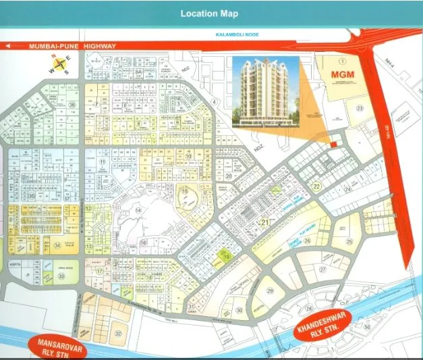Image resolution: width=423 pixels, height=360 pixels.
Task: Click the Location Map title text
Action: [x=211, y=13]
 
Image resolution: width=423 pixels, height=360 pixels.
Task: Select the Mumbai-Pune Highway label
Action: [x=73, y=46]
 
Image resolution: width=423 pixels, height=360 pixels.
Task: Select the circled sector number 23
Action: [x=360, y=109]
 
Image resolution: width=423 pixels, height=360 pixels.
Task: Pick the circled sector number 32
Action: [x=119, y=333]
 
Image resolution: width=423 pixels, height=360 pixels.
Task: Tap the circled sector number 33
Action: [x=61, y=276]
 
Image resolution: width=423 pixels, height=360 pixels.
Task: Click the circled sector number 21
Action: [x=265, y=222]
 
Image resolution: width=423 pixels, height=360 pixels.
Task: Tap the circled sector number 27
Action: [x=322, y=269]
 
